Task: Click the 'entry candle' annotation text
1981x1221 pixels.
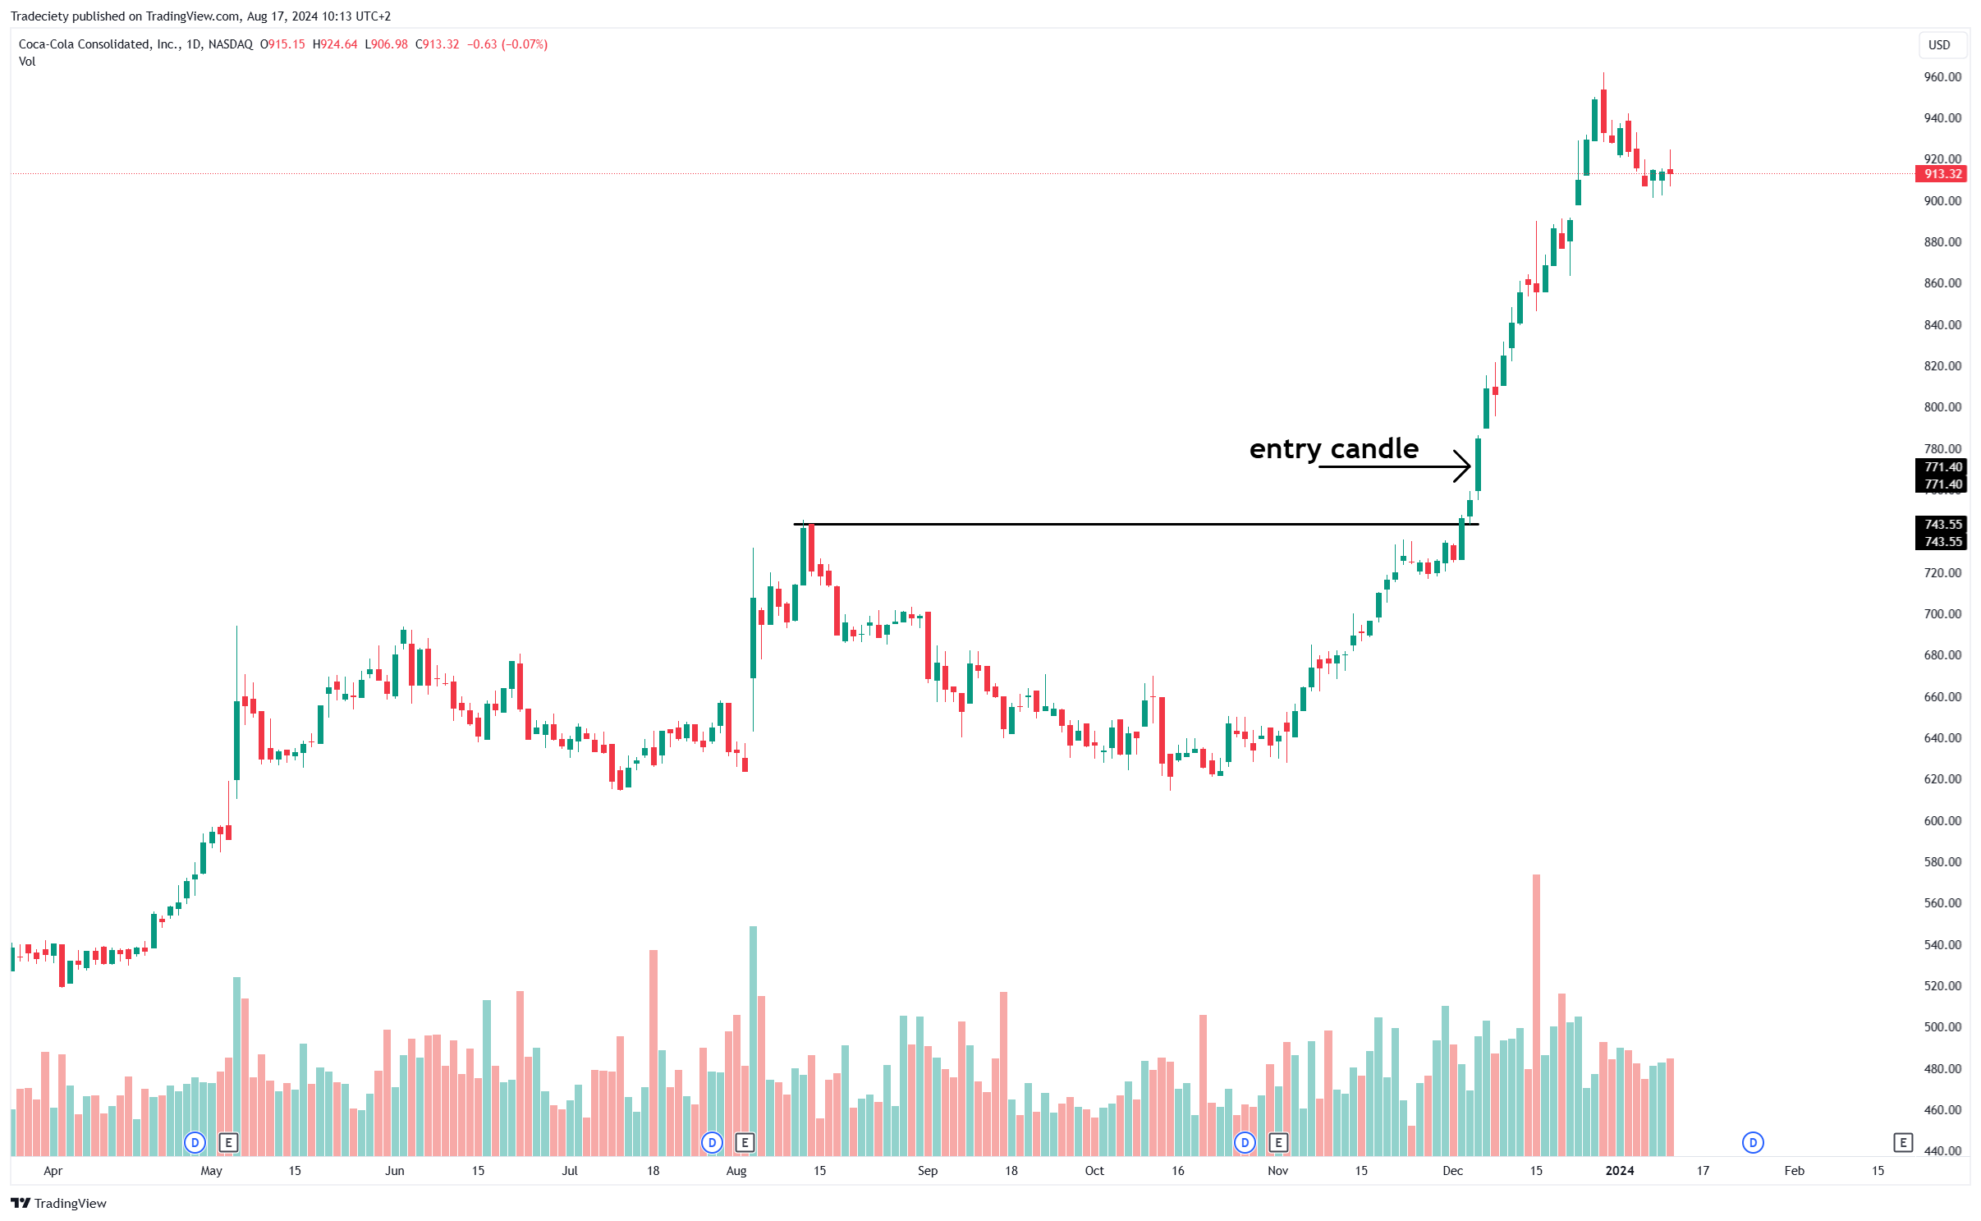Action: click(1333, 449)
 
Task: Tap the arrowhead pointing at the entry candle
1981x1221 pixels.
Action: click(1464, 466)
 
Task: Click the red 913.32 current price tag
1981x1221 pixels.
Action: click(1942, 174)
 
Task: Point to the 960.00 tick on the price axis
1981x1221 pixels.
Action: click(1942, 77)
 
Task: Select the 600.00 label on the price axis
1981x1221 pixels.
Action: click(1942, 820)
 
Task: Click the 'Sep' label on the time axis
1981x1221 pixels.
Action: click(927, 1171)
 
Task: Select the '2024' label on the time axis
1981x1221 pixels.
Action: click(1619, 1171)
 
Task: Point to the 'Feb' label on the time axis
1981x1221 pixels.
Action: click(1794, 1171)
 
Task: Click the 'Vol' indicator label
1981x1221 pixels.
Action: click(27, 62)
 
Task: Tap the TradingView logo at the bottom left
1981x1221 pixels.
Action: click(59, 1203)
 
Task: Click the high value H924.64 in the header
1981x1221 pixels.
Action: click(335, 44)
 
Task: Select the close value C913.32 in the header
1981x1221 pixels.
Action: click(438, 44)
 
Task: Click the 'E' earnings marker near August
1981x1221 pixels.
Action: click(745, 1142)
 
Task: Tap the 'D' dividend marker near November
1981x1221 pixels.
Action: click(1245, 1142)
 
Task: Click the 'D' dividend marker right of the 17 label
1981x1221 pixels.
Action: click(1753, 1142)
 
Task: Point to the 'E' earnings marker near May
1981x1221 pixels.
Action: click(228, 1142)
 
